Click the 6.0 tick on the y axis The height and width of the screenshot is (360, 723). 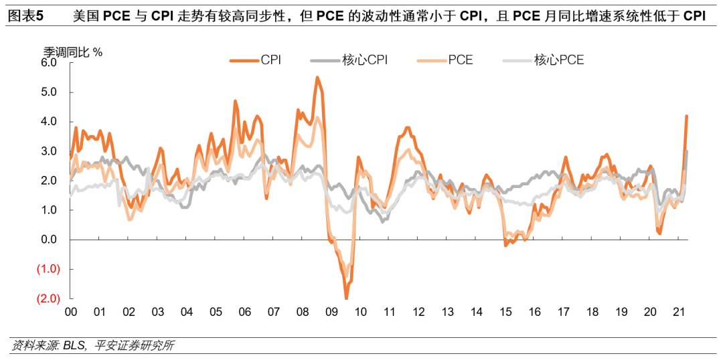50,62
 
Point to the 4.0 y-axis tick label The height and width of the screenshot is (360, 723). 50,121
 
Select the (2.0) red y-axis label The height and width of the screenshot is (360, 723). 48,298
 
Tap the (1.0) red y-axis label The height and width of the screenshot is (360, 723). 48,269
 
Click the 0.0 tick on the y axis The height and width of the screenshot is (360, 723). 50,240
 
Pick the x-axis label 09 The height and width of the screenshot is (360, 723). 331,312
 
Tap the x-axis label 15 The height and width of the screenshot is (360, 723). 505,312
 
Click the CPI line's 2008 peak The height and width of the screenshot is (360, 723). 317,78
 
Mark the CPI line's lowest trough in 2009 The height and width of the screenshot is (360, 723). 346,298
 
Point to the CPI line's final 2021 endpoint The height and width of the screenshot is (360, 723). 686,116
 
